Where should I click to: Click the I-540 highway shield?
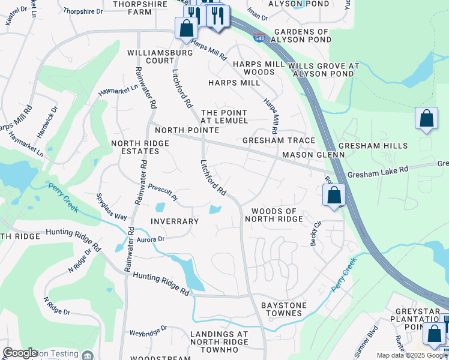(258, 37)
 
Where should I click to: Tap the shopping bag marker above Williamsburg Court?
(186, 28)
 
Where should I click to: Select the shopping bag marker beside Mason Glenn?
(334, 195)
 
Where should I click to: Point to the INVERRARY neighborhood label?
(175, 221)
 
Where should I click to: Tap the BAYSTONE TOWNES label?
(284, 309)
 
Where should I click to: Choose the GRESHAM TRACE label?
(279, 140)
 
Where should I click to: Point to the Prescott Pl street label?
(163, 191)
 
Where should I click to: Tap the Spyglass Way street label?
(112, 207)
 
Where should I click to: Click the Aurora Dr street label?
(151, 239)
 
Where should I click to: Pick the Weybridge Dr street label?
(148, 331)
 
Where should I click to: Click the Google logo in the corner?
(20, 353)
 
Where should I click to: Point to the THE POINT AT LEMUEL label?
(224, 116)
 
